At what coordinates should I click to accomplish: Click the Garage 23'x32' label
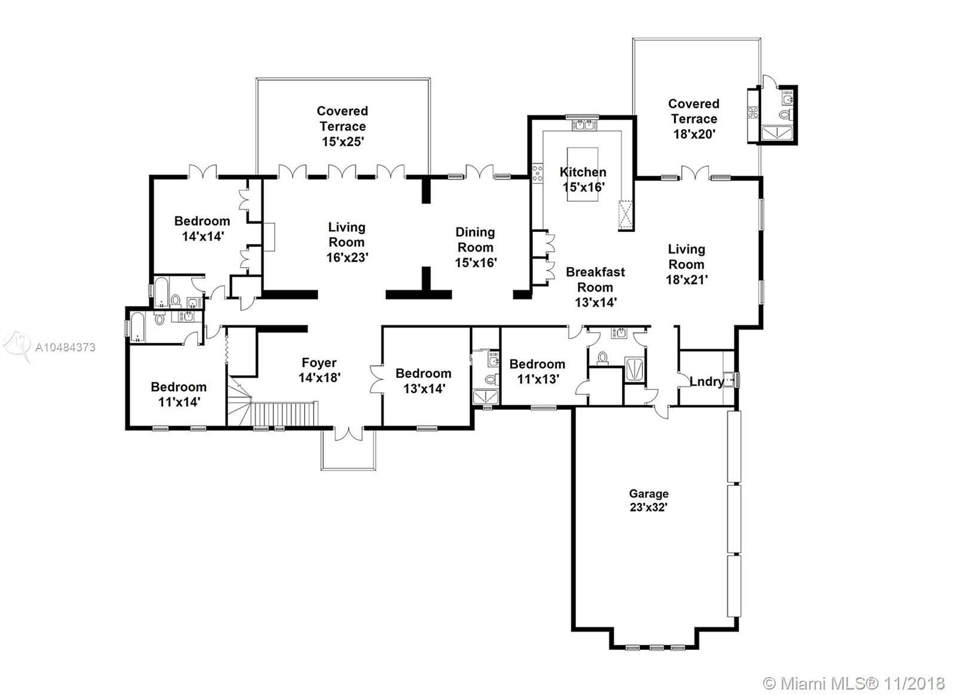pos(648,500)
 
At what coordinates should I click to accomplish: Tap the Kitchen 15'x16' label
pos(583,180)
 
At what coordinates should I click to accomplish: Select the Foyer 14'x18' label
pos(319,370)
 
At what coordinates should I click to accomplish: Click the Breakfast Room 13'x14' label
pos(595,287)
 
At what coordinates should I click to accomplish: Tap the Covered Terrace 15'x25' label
pos(342,126)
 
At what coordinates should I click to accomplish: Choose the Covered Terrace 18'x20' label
pos(694,119)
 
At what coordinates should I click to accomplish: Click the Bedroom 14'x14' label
pos(203,228)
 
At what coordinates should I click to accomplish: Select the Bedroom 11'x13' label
pos(537,372)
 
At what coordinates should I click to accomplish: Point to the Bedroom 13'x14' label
pos(424,381)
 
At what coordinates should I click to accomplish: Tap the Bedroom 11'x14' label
pos(179,394)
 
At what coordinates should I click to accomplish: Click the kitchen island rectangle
pos(582,174)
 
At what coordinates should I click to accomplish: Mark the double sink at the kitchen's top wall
pos(584,125)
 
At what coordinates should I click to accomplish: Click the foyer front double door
pos(349,433)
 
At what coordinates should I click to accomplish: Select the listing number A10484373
pos(65,348)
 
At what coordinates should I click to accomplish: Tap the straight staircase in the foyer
pos(284,414)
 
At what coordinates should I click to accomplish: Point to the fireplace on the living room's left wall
pos(269,237)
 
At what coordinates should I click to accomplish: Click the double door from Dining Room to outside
pos(480,172)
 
